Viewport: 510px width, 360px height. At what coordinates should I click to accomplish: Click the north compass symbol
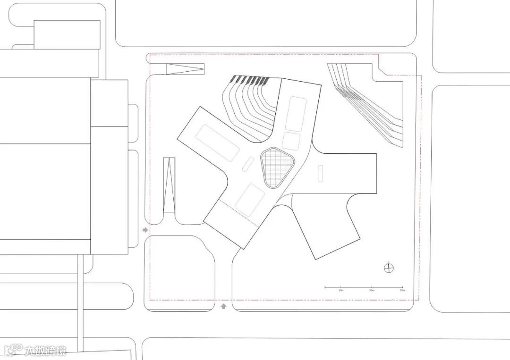coord(389,268)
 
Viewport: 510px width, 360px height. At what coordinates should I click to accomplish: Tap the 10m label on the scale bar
coord(341,291)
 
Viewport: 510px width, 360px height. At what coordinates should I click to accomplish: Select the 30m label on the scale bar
coord(372,291)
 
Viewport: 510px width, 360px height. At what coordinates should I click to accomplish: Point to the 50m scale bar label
coord(402,291)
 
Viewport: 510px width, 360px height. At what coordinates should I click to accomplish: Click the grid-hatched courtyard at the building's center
coord(277,167)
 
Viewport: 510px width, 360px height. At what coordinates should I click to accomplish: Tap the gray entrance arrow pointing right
coord(145,230)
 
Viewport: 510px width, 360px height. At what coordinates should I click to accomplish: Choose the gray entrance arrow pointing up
coord(223,306)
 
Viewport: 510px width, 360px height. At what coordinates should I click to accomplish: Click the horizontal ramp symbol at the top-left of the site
coord(185,69)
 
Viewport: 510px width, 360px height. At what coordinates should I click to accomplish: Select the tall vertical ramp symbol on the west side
coord(169,185)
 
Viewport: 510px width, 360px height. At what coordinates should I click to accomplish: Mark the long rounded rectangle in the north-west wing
coord(219,142)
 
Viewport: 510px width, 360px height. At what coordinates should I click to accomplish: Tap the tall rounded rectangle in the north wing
coord(296,114)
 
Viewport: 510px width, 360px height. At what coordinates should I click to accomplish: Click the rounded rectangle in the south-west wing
coord(250,200)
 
